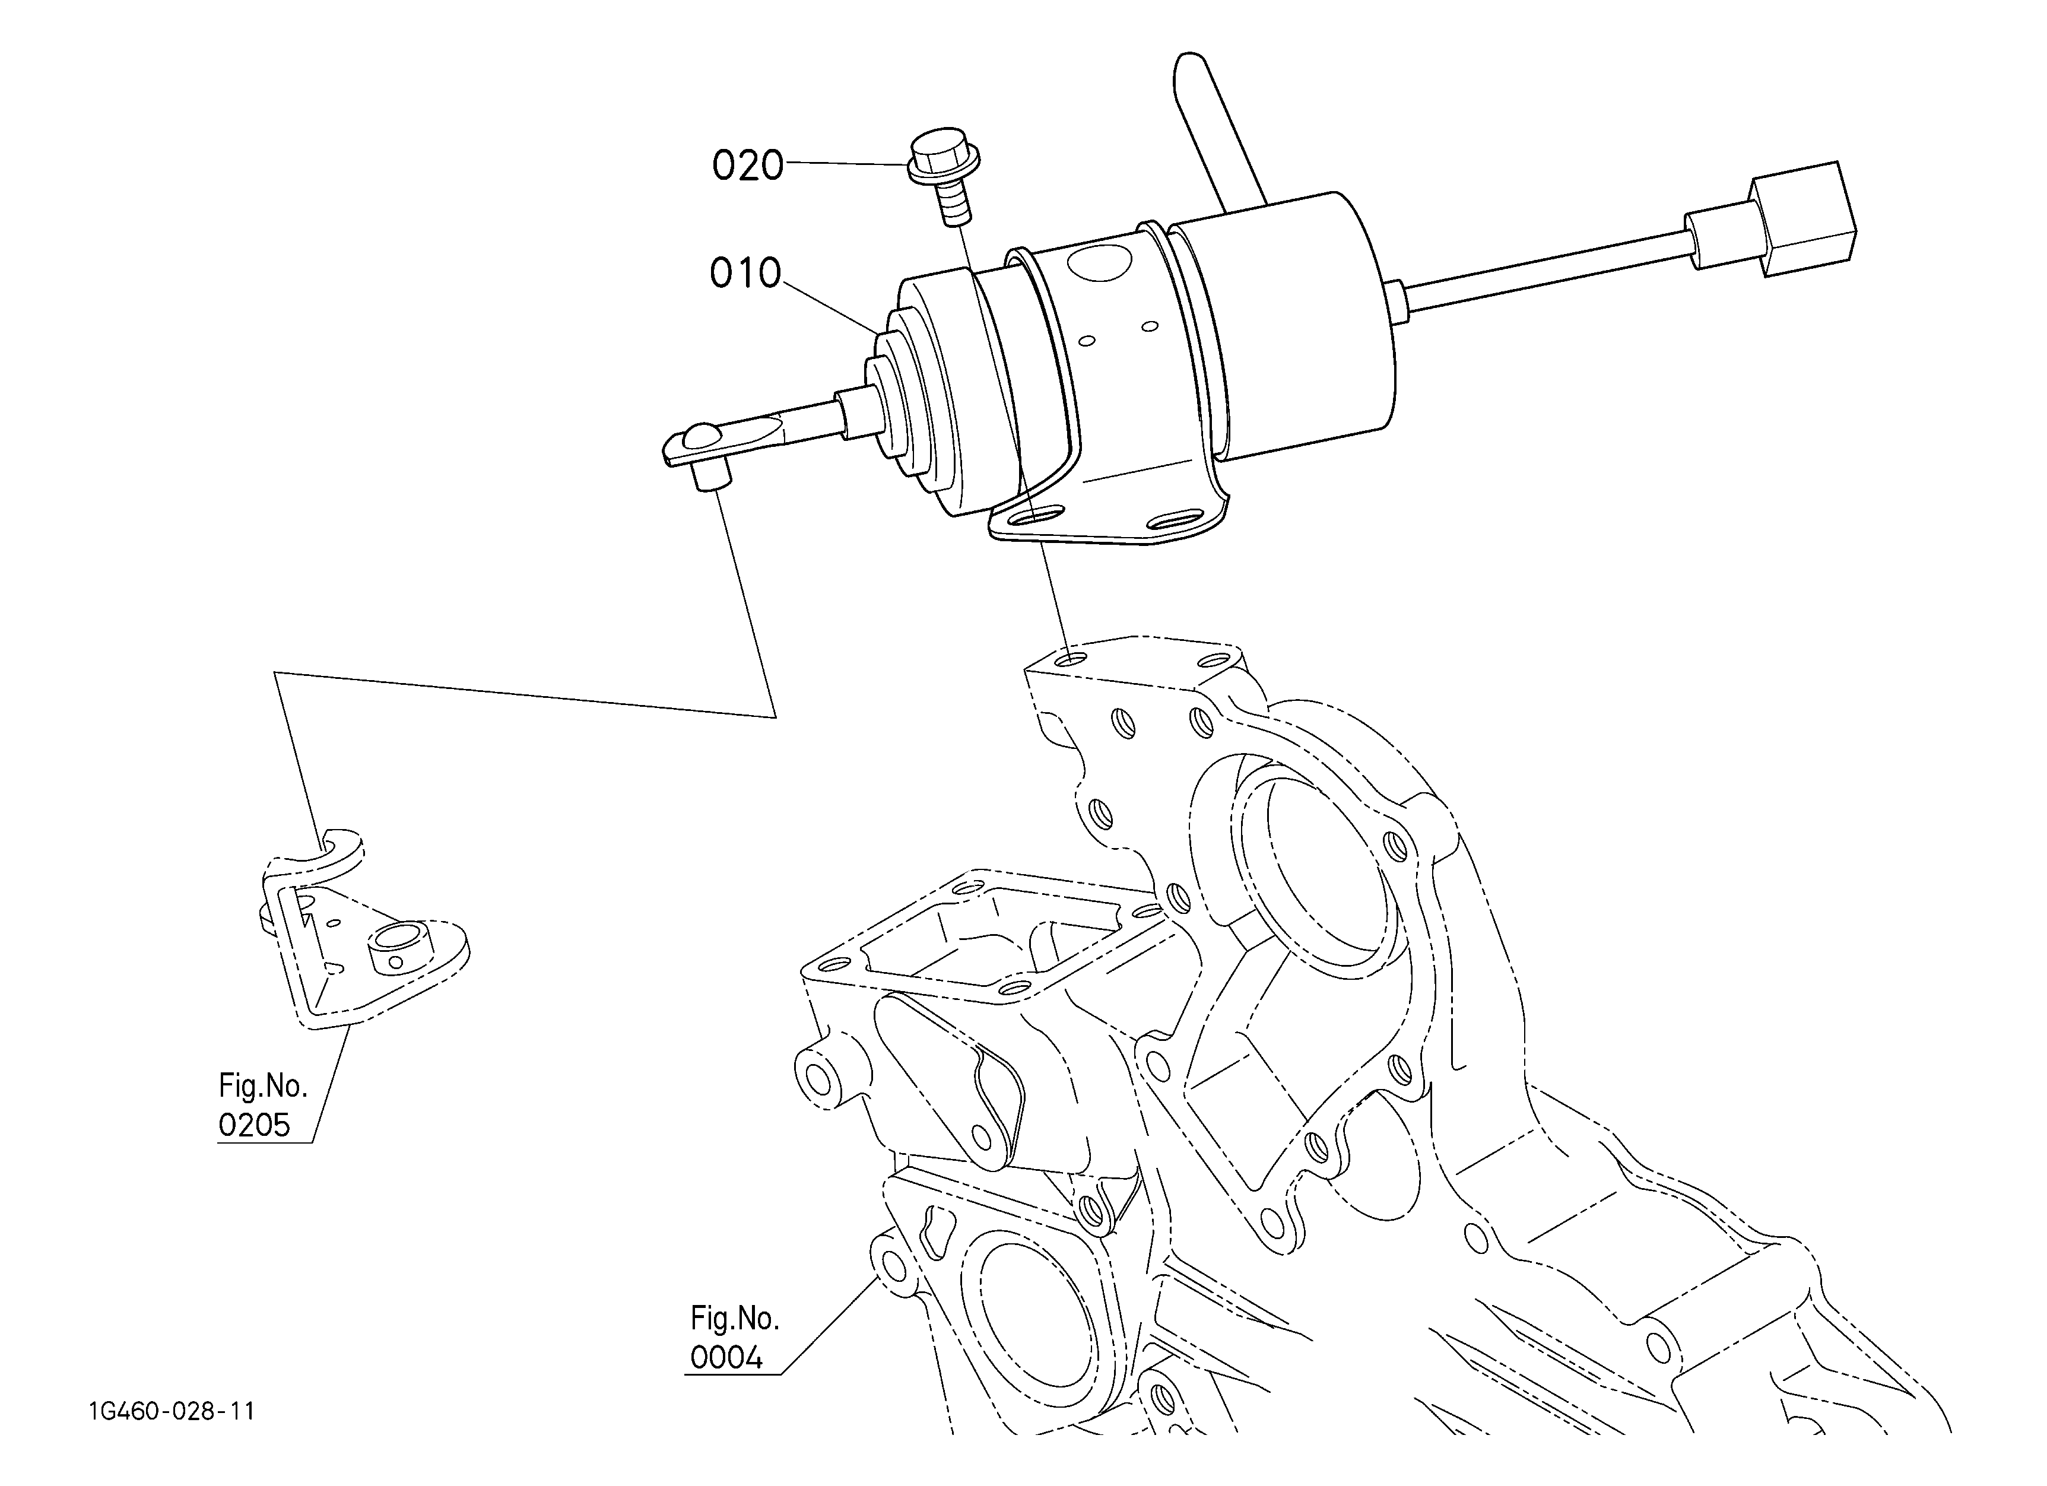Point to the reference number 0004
click(726, 1357)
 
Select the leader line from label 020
click(846, 163)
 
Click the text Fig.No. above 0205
click(263, 1085)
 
